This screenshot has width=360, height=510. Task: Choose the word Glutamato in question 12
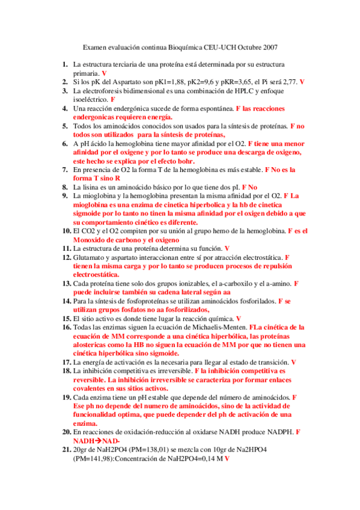pyautogui.click(x=90, y=257)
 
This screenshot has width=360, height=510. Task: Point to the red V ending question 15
pyautogui.click(x=239, y=319)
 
